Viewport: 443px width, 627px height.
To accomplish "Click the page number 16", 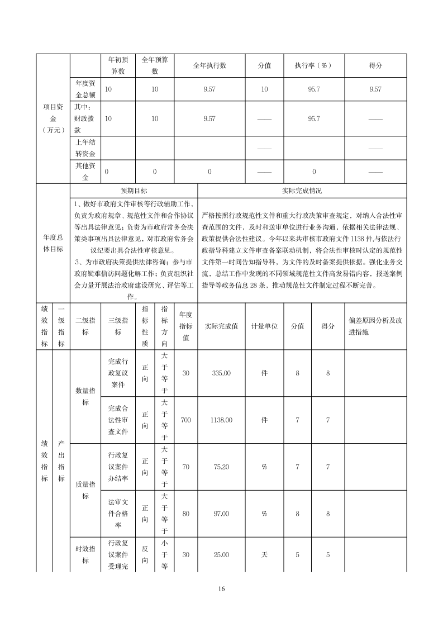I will click(222, 588).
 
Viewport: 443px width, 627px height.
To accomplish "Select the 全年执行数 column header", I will click(209, 65).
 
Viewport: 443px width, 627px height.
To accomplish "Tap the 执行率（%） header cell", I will click(313, 65).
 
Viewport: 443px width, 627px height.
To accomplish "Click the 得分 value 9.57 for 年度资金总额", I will click(375, 89).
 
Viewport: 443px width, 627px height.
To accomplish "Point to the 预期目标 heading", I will click(134, 191).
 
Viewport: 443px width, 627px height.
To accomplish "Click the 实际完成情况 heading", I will click(302, 191).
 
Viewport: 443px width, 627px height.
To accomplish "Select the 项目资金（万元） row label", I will click(54, 118).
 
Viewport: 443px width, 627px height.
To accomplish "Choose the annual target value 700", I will click(186, 420).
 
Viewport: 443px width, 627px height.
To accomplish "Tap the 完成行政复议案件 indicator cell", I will click(118, 373).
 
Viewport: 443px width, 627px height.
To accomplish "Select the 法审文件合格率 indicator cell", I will click(118, 513).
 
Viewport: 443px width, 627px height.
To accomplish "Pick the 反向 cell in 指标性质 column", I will click(145, 554).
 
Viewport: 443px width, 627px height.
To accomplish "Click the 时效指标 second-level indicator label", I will click(85, 554).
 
